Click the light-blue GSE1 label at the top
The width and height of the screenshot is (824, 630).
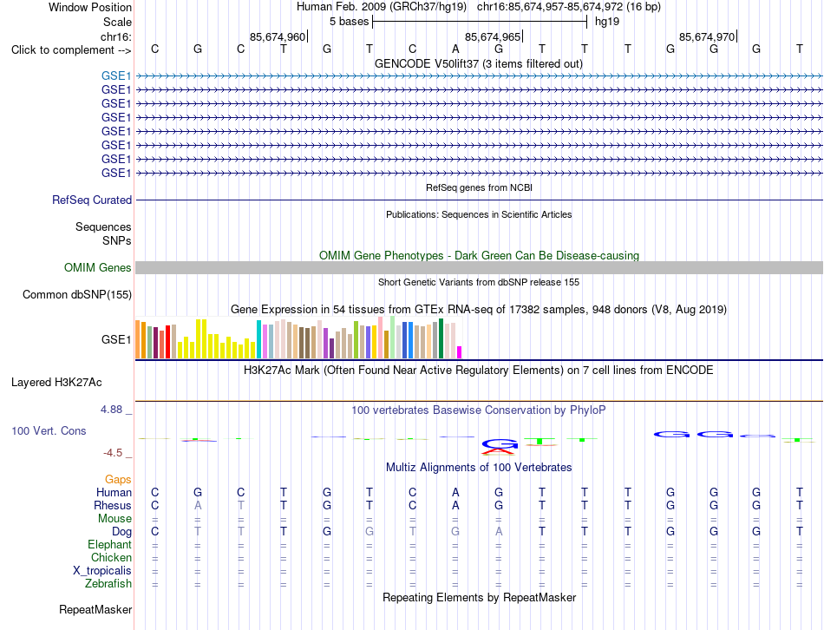(x=116, y=75)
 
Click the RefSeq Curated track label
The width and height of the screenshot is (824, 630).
(x=92, y=200)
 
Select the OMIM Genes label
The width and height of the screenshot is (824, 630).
(x=97, y=267)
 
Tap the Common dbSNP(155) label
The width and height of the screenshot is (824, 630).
(x=77, y=294)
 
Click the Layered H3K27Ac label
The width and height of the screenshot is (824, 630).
(x=56, y=383)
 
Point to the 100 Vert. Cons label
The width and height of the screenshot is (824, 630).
(x=49, y=430)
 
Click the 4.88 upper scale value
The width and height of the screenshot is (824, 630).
(x=111, y=409)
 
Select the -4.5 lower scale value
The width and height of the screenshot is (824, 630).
(x=114, y=453)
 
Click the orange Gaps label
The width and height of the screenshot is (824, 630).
(x=118, y=479)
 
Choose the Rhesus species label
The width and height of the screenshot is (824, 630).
(x=113, y=505)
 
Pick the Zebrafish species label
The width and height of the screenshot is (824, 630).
(x=108, y=583)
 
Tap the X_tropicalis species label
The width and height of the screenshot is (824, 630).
(x=102, y=571)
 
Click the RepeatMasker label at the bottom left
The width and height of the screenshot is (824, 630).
(x=95, y=609)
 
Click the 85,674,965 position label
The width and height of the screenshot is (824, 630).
(x=493, y=36)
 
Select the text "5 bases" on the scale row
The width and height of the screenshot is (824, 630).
(x=350, y=22)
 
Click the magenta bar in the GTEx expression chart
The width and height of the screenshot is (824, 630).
(x=460, y=352)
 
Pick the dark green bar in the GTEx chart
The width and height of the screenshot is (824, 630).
(x=441, y=338)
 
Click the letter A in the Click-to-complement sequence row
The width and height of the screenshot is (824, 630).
(x=455, y=49)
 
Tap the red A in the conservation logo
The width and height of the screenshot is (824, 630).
(x=499, y=450)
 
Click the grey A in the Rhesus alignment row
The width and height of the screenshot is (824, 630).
(x=198, y=505)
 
